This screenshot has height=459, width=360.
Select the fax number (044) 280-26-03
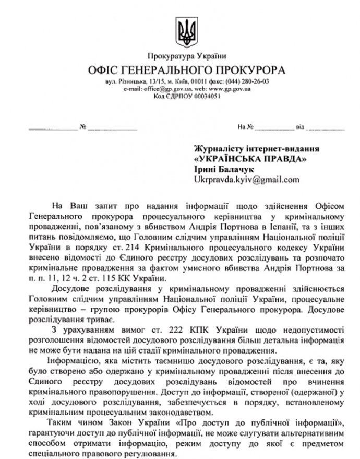(x=248, y=83)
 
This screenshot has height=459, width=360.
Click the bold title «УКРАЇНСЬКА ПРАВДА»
(x=250, y=158)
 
